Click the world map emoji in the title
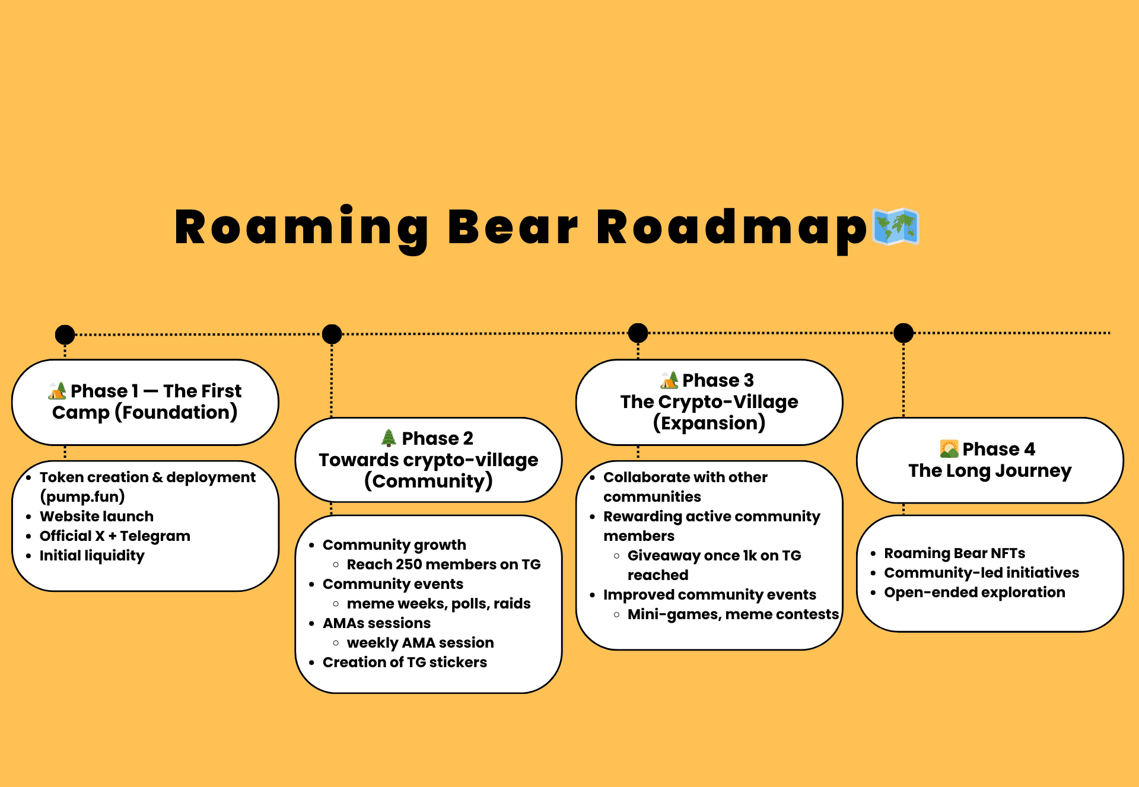tap(896, 227)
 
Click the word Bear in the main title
tap(513, 228)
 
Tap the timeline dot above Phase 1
tap(65, 334)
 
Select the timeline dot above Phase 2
tap(332, 334)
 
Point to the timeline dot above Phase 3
tap(638, 333)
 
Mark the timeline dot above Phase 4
tap(903, 333)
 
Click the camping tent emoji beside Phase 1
tap(58, 391)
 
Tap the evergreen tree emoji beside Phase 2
tap(389, 438)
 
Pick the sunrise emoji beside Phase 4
tap(949, 449)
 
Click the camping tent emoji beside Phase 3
tap(670, 380)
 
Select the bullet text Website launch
tap(97, 517)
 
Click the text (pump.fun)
tap(82, 496)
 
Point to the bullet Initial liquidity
tap(92, 556)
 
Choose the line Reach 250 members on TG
tap(444, 565)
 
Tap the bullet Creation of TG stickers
tap(405, 662)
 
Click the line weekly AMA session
tap(420, 643)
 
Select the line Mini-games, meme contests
tap(733, 614)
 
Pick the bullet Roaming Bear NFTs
tap(955, 553)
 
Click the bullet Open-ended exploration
tap(975, 592)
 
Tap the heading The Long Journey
tap(990, 471)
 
